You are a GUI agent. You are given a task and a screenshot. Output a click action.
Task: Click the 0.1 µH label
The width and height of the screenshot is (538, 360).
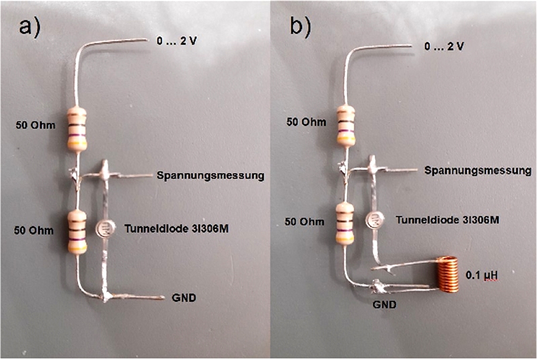484,275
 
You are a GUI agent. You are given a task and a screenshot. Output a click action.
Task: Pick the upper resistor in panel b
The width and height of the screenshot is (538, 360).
346,124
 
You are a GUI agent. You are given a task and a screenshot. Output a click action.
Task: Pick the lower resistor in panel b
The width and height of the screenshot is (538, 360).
346,223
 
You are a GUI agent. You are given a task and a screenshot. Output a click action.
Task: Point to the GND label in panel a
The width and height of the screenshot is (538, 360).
184,297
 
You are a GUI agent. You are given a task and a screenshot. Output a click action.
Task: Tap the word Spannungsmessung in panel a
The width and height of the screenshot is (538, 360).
208,176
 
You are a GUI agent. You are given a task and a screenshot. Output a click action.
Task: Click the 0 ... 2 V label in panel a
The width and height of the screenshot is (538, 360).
178,41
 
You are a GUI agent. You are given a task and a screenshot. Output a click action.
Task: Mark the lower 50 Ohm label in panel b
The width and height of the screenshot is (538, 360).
305,222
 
